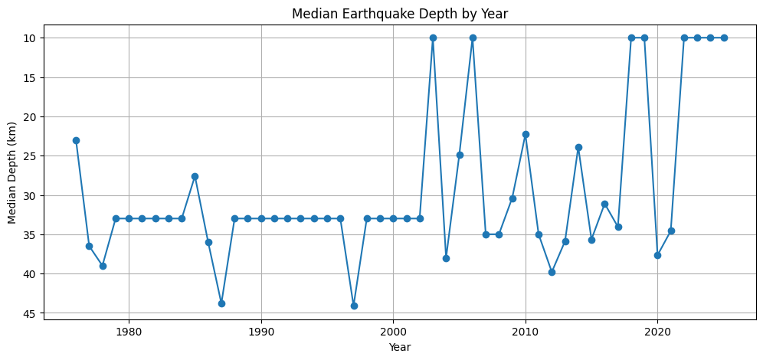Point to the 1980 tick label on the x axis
point(129,332)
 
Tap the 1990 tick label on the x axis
point(261,332)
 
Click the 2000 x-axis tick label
point(393,332)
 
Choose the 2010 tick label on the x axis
point(526,332)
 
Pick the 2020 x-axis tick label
point(657,332)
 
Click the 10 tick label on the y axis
point(29,38)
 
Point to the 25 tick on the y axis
point(29,156)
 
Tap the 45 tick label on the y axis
point(29,313)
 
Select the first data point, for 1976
point(76,140)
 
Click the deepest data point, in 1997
point(354,306)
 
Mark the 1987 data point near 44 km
point(221,303)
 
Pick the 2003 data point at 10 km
point(433,38)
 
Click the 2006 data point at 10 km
point(473,38)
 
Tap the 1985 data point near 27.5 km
point(195,176)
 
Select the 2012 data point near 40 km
point(552,272)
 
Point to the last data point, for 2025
point(724,38)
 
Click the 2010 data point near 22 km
point(526,134)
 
